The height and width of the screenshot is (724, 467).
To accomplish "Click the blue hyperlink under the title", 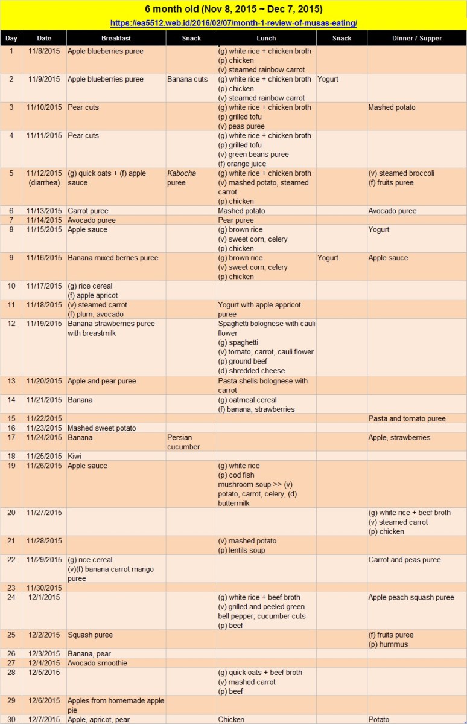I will pyautogui.click(x=233, y=23).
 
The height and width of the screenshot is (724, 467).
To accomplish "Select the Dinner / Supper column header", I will pyautogui.click(x=416, y=38).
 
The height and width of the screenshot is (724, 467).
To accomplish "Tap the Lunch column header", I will pyautogui.click(x=266, y=38).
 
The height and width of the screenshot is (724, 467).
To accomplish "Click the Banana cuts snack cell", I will pyautogui.click(x=187, y=79).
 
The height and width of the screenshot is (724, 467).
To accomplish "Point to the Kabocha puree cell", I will pyautogui.click(x=182, y=178).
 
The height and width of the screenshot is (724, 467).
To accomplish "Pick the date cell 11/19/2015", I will pyautogui.click(x=44, y=324).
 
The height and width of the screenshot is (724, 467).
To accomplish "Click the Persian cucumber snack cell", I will pyautogui.click(x=183, y=442).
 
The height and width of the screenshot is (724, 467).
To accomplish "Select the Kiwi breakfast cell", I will pyautogui.click(x=75, y=457).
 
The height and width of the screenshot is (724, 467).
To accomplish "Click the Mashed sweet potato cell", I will pyautogui.click(x=102, y=428).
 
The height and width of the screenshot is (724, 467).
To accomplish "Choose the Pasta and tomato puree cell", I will pyautogui.click(x=407, y=418).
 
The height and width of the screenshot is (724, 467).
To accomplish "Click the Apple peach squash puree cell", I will pyautogui.click(x=411, y=597).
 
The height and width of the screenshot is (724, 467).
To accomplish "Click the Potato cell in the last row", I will pyautogui.click(x=379, y=720).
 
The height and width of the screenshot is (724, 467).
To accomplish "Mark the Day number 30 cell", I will pyautogui.click(x=11, y=720).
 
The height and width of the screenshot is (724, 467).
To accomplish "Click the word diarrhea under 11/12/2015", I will pyautogui.click(x=44, y=182).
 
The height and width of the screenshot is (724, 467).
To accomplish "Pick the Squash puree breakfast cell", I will pyautogui.click(x=90, y=635).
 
